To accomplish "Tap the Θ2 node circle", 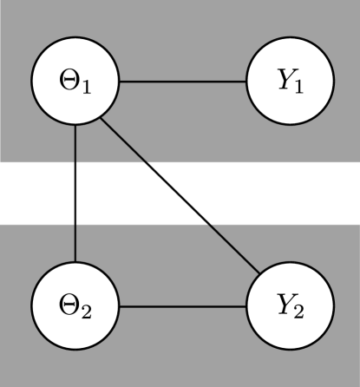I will (x=75, y=306).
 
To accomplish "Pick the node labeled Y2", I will (x=291, y=306).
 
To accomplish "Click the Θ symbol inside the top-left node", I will (x=69, y=84).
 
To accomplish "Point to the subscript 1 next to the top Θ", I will (x=87, y=89).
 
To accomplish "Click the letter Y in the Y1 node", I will (x=284, y=82).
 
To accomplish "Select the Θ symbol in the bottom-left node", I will (x=69, y=306).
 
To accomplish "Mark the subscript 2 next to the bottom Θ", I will (x=87, y=312).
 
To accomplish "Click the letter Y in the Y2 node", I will (x=284, y=305).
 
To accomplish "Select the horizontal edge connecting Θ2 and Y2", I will (x=183, y=306).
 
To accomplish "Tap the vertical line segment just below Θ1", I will (x=75, y=143).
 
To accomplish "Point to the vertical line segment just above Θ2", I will (x=75, y=243).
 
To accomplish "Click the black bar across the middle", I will (x=180, y=192).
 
